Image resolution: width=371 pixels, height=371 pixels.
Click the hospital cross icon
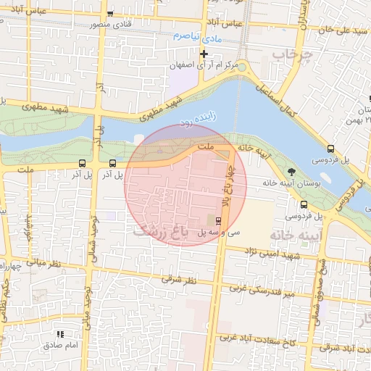tap(204, 54)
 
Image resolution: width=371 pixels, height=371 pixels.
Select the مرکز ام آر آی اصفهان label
tap(210, 66)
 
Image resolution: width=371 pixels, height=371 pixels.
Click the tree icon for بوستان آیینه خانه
tap(291, 172)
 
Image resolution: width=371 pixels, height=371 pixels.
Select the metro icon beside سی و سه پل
tap(219, 220)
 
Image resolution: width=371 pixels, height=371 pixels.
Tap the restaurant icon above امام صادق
tap(60, 334)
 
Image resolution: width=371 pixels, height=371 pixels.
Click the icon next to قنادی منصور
tap(109, 14)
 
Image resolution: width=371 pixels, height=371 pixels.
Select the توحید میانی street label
tap(86, 307)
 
